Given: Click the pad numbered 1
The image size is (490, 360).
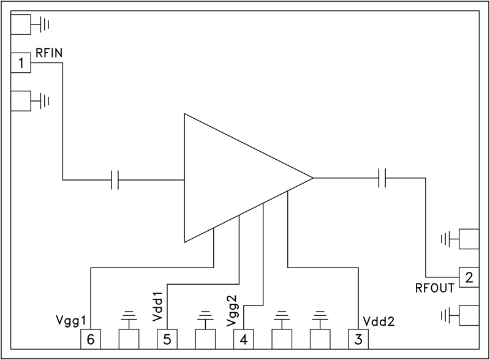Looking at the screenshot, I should pyautogui.click(x=21, y=62).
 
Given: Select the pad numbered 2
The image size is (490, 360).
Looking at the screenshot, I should pyautogui.click(x=469, y=277).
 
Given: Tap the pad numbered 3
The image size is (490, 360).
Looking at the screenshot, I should pyautogui.click(x=358, y=339).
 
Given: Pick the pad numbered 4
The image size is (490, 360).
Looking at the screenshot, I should pyautogui.click(x=243, y=339).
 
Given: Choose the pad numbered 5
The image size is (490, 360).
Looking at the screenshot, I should pyautogui.click(x=167, y=339).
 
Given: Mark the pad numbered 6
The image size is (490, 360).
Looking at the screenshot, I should pyautogui.click(x=90, y=339).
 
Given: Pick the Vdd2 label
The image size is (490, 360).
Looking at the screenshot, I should pyautogui.click(x=379, y=321).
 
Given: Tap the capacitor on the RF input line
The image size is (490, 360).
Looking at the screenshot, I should pyautogui.click(x=115, y=180).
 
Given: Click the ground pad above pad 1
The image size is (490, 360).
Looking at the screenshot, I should pyautogui.click(x=21, y=24).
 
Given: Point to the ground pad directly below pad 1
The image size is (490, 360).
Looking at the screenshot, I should pyautogui.click(x=21, y=100).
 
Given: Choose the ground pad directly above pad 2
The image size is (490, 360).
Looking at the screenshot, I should pyautogui.click(x=469, y=239).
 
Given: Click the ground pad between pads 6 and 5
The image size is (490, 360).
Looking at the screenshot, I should pyautogui.click(x=128, y=339).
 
